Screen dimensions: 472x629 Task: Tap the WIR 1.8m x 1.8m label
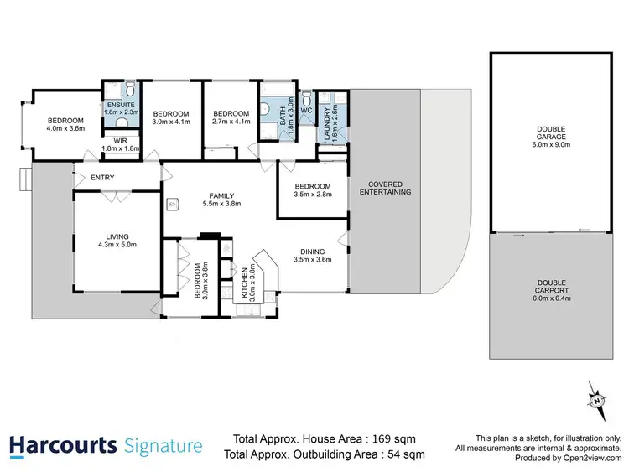(x=117, y=145)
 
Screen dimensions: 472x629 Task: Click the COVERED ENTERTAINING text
(x=385, y=188)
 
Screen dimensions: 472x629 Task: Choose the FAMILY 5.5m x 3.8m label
(x=221, y=199)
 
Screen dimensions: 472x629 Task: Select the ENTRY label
(x=102, y=177)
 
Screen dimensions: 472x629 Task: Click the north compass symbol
(x=596, y=399)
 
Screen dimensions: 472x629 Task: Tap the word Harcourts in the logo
(x=62, y=445)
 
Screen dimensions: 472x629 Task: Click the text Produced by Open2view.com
(x=568, y=459)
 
